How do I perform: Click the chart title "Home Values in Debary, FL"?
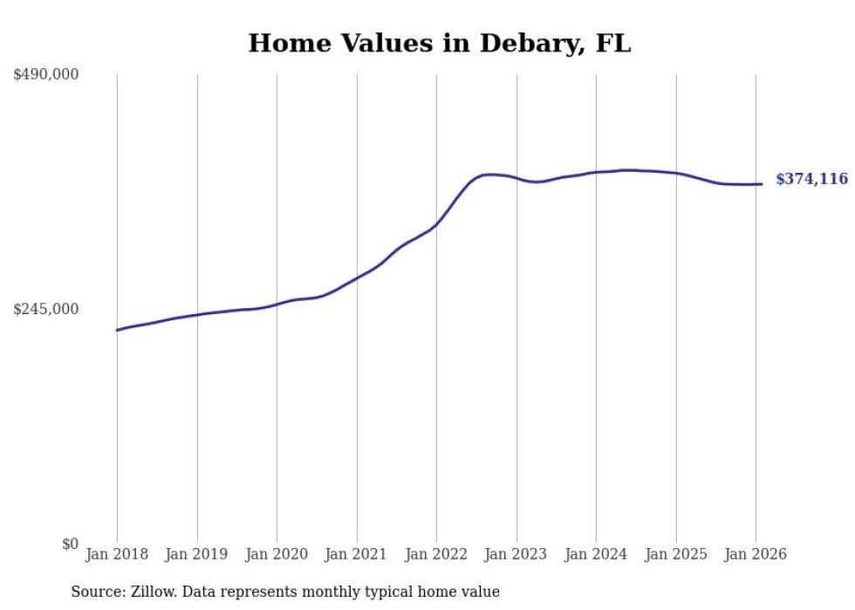439,44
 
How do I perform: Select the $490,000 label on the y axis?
45,75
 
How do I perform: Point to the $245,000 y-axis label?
45,309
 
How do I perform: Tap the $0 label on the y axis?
70,544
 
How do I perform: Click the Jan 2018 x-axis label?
117,554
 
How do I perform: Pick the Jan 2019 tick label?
196,554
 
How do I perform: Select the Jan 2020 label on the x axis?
277,554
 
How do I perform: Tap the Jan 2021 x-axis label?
356,554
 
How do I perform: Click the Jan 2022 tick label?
436,554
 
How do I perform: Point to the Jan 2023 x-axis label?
516,554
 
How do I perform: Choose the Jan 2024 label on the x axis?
596,554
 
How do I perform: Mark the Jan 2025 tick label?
675,554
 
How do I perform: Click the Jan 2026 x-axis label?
756,554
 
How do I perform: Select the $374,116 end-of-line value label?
811,180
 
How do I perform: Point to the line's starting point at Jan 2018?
117,330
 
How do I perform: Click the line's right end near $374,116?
762,183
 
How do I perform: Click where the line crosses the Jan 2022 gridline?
436,224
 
